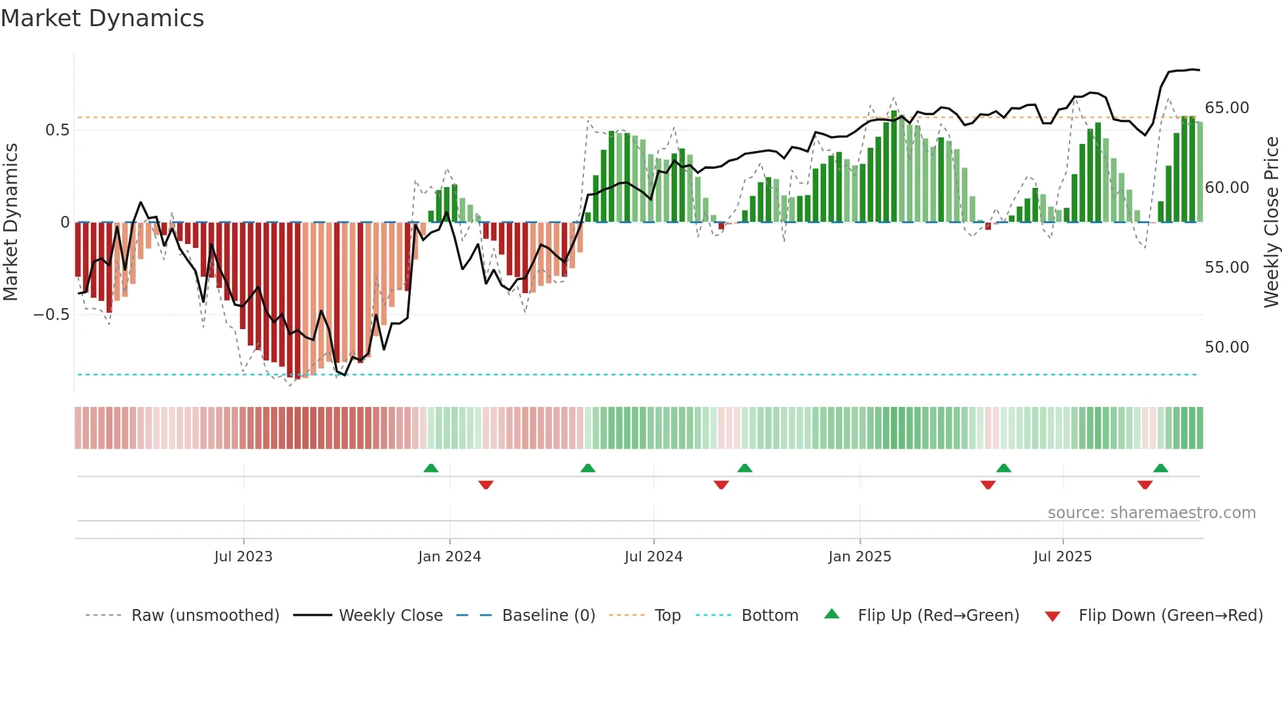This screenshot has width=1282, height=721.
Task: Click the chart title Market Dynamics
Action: [x=103, y=18]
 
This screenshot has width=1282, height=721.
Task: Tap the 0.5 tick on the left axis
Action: [x=57, y=130]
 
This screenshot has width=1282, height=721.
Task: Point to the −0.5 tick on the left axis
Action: [x=52, y=315]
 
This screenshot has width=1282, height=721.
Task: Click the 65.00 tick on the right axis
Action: [x=1226, y=108]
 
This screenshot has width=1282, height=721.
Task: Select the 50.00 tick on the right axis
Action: [x=1226, y=347]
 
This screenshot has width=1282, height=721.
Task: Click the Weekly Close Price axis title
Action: [x=1271, y=222]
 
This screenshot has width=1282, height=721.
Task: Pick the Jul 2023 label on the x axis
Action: [x=243, y=557]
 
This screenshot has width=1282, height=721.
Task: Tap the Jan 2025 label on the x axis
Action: [x=859, y=557]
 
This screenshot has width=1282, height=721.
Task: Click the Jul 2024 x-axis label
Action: [x=653, y=557]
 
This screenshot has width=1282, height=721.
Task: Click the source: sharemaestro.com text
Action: [x=1151, y=513]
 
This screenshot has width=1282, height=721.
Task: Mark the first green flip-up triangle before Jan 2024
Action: [x=431, y=468]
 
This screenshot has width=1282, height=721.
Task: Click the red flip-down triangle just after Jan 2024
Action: [x=485, y=485]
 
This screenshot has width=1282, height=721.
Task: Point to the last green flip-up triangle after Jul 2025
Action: [x=1160, y=468]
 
